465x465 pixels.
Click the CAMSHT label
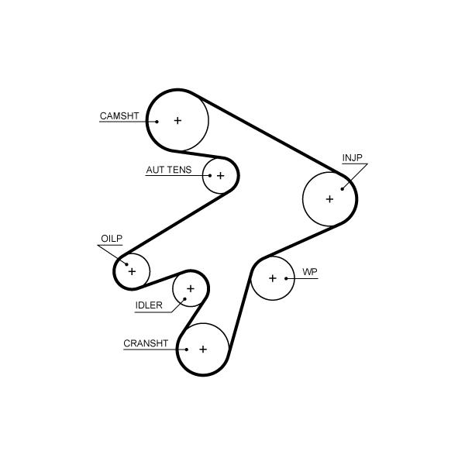[x=119, y=116]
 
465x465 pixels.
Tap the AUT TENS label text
[x=168, y=170]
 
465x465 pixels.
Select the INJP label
[x=352, y=159]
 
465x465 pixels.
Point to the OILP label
[x=112, y=239]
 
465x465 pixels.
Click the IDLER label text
[x=149, y=305]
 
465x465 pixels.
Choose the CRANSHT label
[x=146, y=343]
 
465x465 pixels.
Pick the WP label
[x=310, y=272]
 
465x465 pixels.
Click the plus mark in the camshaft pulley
[x=177, y=120]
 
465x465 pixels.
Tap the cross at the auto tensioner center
[x=220, y=176]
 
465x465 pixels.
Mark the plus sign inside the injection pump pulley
[x=329, y=199]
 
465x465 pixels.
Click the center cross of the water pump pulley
[x=273, y=278]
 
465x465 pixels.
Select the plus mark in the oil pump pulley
[x=132, y=271]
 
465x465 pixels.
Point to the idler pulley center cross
[x=190, y=289]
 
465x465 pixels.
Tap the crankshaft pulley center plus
[x=203, y=350]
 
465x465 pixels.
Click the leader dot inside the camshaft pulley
[x=157, y=121]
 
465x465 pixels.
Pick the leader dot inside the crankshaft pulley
[x=187, y=349]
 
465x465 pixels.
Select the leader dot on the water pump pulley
[x=287, y=278]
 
